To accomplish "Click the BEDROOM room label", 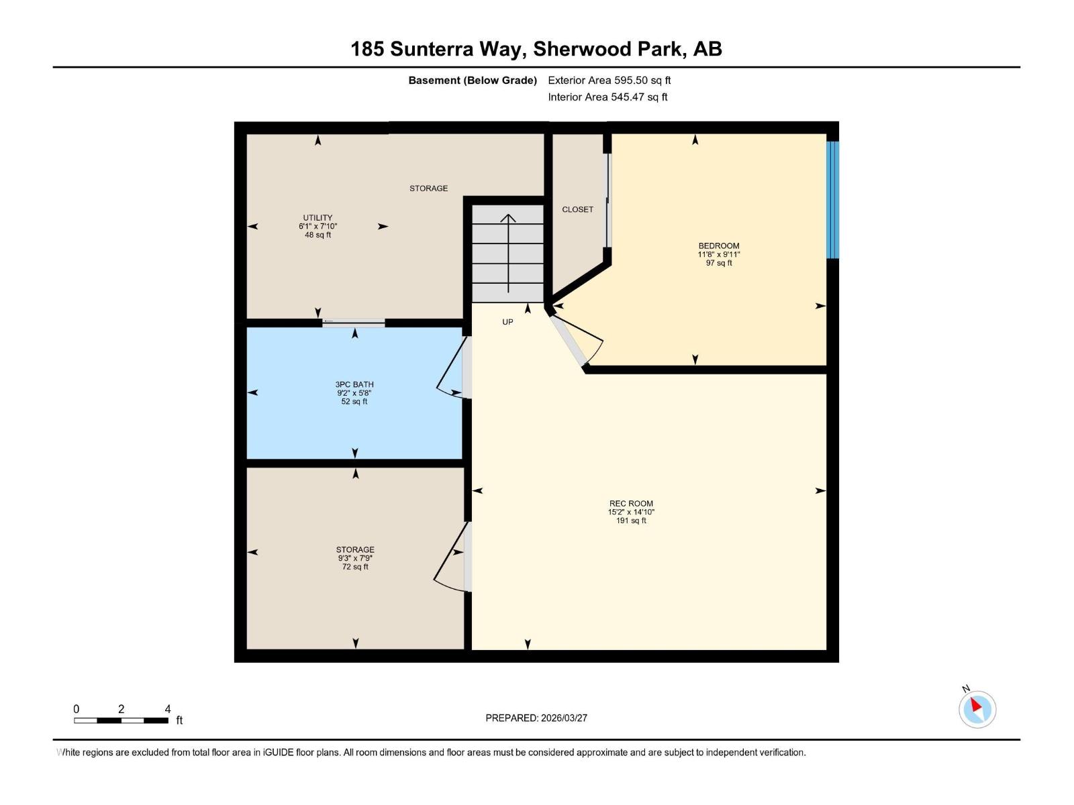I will click(x=718, y=246).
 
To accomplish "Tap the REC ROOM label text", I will click(x=631, y=503).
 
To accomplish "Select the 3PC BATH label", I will click(x=354, y=384).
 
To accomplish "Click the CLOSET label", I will click(x=577, y=209).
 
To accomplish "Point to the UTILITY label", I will click(x=318, y=217).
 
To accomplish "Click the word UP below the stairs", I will click(x=507, y=322).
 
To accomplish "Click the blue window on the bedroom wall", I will click(x=832, y=199).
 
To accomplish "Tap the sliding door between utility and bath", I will click(x=353, y=323).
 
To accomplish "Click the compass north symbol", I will click(x=977, y=708).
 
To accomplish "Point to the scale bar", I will click(x=121, y=720).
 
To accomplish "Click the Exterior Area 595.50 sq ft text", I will click(x=609, y=80).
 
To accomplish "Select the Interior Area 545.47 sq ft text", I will click(x=607, y=97).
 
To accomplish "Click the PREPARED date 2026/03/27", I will click(x=536, y=718).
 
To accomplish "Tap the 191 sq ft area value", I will click(x=631, y=521).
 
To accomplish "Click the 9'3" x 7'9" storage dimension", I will click(x=355, y=558).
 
